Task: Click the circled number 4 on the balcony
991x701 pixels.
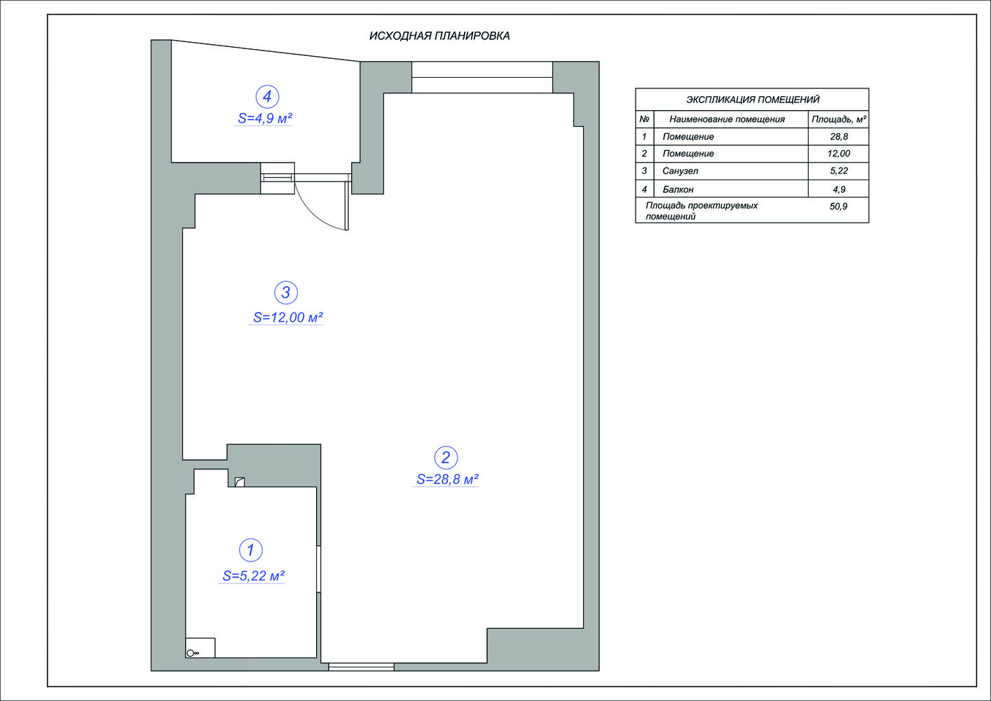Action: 267,97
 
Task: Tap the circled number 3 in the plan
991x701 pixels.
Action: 286,292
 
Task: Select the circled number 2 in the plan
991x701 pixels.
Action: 446,457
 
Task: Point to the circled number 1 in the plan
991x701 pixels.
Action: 250,550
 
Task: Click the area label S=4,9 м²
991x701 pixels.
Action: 265,118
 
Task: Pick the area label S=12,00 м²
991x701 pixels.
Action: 287,317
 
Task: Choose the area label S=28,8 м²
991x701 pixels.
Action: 447,479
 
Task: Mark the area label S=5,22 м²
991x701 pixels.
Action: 253,576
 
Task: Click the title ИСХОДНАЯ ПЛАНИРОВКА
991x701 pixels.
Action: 439,36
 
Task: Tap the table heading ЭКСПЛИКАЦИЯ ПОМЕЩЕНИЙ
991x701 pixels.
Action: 753,100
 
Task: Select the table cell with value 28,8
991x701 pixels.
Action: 839,136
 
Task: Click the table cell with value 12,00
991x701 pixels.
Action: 839,154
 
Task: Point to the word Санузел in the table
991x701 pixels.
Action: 680,171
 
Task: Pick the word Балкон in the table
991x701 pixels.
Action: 678,189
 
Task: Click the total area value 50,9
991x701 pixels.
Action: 838,206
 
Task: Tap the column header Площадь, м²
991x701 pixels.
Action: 839,119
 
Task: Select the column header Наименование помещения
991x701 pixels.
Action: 727,119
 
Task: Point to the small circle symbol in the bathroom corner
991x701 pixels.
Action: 190,653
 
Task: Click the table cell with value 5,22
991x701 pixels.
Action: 839,171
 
